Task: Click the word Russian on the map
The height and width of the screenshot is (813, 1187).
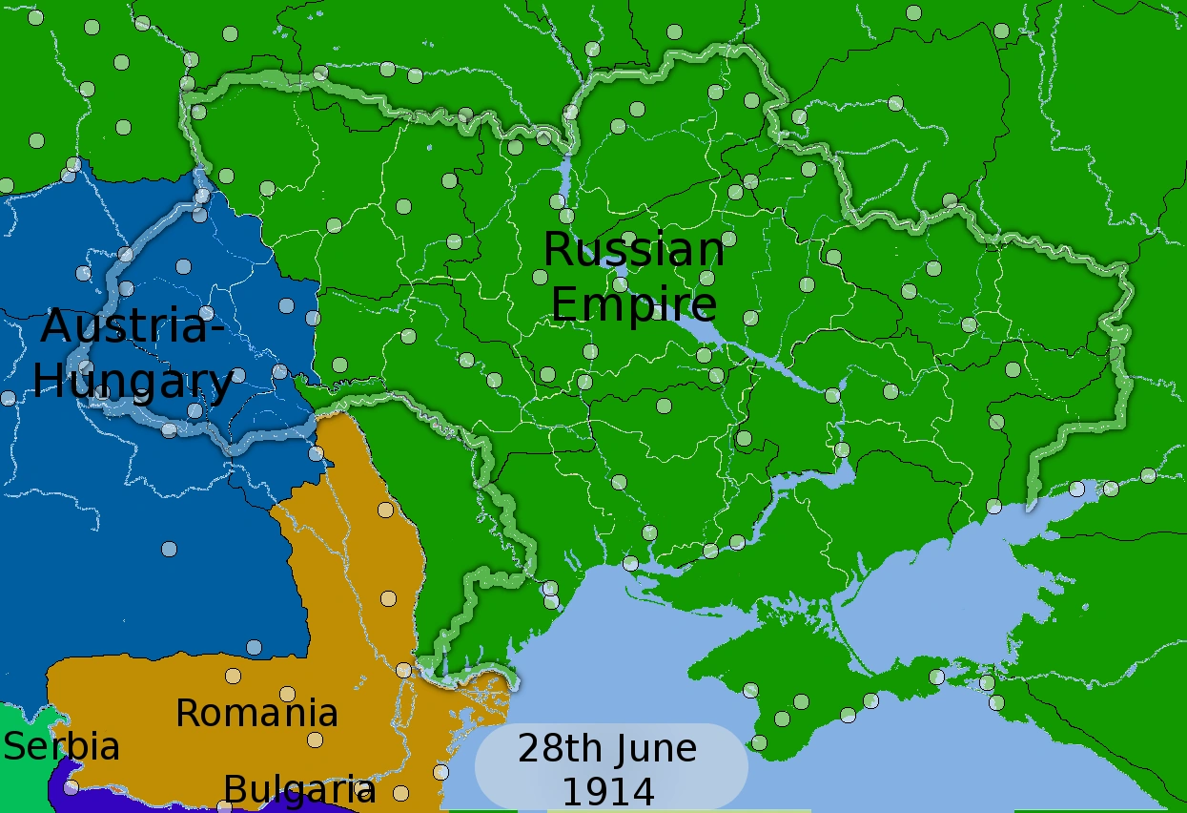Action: click(633, 250)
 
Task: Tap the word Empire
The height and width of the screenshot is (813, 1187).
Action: click(633, 305)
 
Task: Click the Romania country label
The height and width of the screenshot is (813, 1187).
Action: click(256, 713)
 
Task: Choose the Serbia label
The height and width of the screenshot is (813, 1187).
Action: click(62, 746)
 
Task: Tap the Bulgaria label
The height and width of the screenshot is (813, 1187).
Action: click(299, 790)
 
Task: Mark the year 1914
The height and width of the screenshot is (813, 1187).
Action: click(607, 792)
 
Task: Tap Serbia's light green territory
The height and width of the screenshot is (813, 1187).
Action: click(19, 778)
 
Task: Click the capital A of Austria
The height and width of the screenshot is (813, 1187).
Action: click(59, 326)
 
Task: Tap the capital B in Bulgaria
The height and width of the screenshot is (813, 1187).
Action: click(234, 790)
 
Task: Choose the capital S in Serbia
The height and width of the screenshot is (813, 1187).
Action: click(14, 746)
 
